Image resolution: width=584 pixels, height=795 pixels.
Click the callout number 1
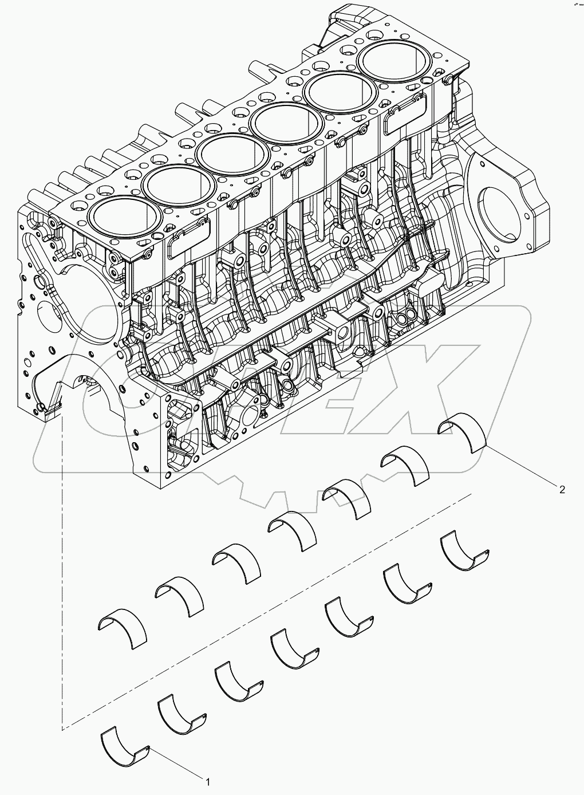coord(208,781)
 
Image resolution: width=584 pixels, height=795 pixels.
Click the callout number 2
coord(562,489)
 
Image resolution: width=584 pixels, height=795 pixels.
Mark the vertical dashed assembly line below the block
coord(61,573)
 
